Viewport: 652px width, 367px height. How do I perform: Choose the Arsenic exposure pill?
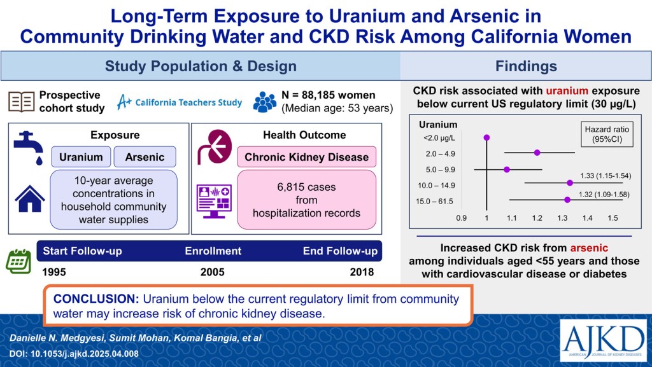145,157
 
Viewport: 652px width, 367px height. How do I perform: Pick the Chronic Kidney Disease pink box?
306,157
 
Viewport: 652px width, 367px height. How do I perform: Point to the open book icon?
21,102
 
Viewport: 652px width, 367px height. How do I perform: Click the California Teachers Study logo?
178,102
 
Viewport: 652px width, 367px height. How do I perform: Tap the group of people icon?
265,102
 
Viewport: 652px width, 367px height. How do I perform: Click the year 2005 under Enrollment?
213,272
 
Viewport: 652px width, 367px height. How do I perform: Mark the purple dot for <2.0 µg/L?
487,137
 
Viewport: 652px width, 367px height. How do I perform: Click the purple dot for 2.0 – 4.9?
537,153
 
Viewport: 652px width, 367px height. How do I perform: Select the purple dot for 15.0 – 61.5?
567,200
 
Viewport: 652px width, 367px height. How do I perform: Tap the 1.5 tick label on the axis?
613,218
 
